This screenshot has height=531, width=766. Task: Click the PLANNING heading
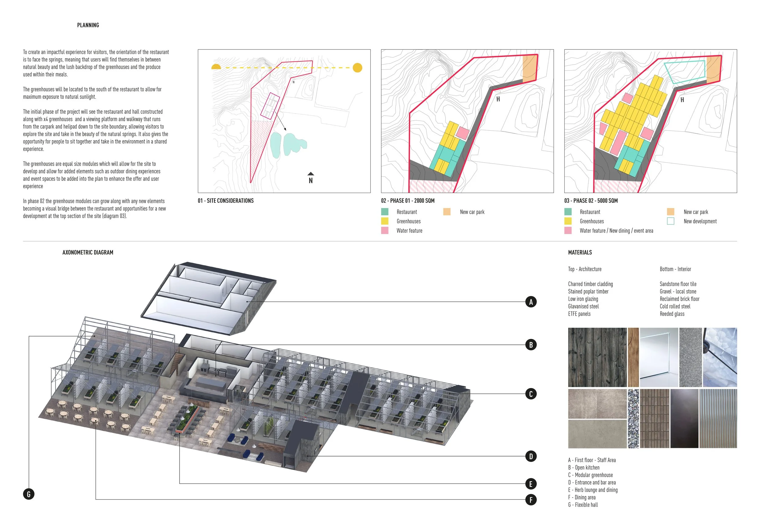(88, 25)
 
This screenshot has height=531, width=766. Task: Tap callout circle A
(531, 302)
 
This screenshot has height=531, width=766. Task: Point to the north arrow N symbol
(310, 178)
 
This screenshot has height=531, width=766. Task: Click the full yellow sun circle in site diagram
(357, 67)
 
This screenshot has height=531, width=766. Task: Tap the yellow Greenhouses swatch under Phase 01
(385, 221)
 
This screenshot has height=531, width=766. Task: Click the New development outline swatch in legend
(670, 221)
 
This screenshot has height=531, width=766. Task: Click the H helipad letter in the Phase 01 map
(498, 99)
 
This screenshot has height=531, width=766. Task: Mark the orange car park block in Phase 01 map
(530, 68)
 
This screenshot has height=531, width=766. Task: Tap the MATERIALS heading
(580, 252)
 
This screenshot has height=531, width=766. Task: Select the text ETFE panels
(579, 314)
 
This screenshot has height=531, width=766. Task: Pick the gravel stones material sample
(633, 418)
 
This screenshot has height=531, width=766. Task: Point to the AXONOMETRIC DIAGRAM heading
(88, 252)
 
